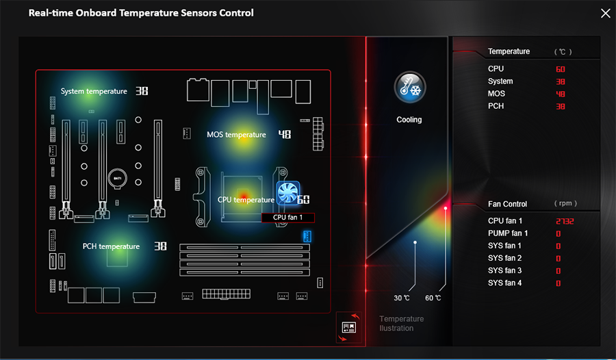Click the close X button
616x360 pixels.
coord(606,14)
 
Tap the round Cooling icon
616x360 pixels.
coord(410,87)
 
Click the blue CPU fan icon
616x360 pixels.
coord(288,192)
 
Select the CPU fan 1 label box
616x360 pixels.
coord(288,218)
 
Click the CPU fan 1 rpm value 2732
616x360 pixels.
coord(565,221)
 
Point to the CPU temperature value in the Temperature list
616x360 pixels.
coord(561,69)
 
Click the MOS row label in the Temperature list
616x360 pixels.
coord(497,94)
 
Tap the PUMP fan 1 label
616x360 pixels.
coord(508,233)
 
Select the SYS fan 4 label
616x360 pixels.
coord(505,283)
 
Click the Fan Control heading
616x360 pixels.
coord(508,204)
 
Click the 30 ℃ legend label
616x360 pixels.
coord(402,298)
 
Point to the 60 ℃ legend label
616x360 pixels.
coord(433,298)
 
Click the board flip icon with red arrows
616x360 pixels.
coord(349,327)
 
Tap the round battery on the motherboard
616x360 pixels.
coord(118,179)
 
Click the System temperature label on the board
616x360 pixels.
coord(94,91)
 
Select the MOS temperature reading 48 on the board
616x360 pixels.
coord(285,134)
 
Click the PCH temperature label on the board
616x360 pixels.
coord(111,246)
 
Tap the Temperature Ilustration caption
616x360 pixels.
coord(402,324)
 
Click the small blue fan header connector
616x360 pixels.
coord(307,236)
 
